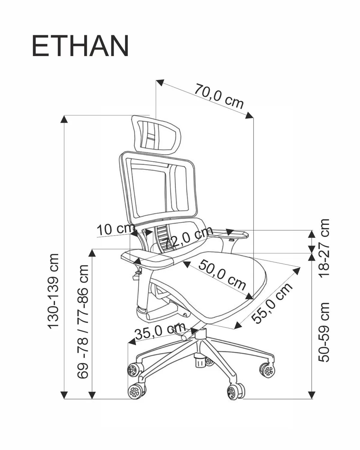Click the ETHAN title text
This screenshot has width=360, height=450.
tap(80, 46)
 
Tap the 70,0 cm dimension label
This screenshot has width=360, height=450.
tap(219, 96)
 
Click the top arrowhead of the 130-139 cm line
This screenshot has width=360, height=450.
tap(64, 119)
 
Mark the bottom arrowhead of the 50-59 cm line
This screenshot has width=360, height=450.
tap(312, 395)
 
